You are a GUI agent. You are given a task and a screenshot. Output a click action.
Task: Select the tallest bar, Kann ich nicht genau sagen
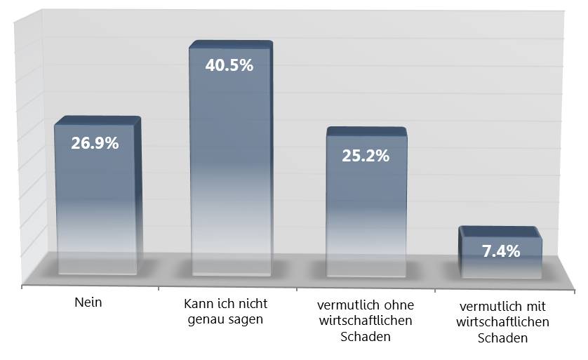[x=229, y=168]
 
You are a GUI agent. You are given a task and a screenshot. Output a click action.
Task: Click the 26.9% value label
[x=95, y=143]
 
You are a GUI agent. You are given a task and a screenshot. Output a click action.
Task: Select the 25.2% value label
[x=366, y=156]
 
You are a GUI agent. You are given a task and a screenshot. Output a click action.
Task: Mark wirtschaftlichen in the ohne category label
[x=365, y=321]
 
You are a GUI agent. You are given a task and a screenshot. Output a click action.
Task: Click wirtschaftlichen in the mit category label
[x=502, y=323]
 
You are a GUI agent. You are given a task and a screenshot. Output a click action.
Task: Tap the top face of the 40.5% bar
[x=230, y=44]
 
